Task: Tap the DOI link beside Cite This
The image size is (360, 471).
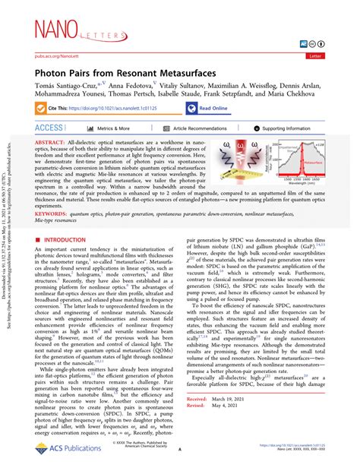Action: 111,109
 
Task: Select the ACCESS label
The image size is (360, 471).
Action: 49,128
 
